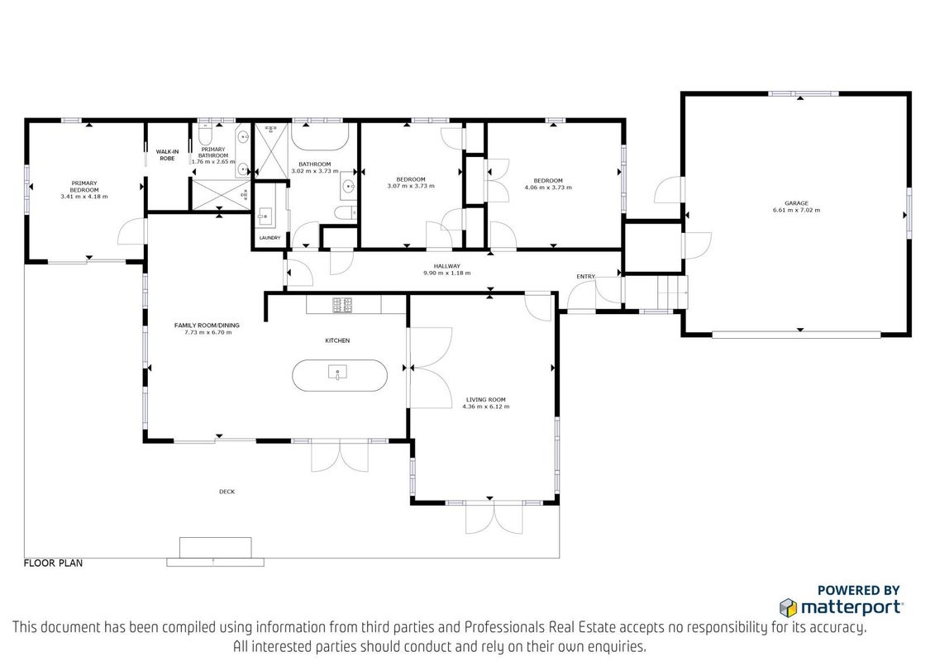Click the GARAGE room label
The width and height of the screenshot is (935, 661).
click(796, 203)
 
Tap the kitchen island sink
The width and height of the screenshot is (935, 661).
click(337, 373)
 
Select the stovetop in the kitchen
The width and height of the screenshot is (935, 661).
click(342, 305)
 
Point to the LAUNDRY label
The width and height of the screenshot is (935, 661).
click(270, 238)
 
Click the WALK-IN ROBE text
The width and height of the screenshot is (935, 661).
click(168, 155)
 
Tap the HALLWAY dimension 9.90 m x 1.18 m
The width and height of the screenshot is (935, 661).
click(446, 273)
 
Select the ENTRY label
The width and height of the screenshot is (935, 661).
click(585, 277)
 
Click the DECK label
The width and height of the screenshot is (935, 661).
click(227, 492)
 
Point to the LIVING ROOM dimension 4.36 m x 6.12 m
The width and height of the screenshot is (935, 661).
click(486, 407)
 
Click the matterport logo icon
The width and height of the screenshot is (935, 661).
click(789, 607)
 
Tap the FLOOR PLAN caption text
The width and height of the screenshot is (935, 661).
click(53, 564)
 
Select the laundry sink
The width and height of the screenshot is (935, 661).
click(265, 216)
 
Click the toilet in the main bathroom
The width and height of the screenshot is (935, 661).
click(346, 212)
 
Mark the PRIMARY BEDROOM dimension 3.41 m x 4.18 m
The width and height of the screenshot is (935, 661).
click(84, 196)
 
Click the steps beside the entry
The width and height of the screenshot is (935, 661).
click(672, 292)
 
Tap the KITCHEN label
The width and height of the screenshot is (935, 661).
click(337, 340)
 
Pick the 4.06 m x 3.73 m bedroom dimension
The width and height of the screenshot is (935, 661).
click(548, 188)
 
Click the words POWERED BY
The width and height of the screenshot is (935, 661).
click(858, 591)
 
